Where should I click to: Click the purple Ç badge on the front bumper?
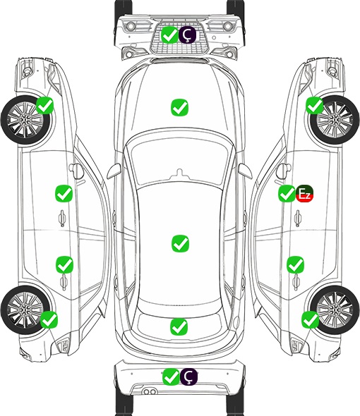click(x=187, y=35)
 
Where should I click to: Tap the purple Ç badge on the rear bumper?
click(x=188, y=377)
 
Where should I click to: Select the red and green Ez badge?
click(x=305, y=193)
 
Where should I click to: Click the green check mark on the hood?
click(x=179, y=107)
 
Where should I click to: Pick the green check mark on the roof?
click(x=180, y=243)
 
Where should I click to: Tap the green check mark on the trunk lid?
click(x=179, y=326)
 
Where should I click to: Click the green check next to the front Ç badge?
click(x=169, y=35)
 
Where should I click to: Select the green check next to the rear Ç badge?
click(x=171, y=377)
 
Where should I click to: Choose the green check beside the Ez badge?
click(x=287, y=193)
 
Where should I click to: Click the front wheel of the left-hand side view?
click(x=25, y=120)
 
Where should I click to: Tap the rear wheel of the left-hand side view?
click(x=25, y=310)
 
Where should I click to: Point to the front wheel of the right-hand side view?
click(x=335, y=120)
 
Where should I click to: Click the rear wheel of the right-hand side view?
click(x=335, y=310)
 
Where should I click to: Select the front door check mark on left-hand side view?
click(x=64, y=193)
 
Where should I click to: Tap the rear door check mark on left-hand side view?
click(x=64, y=264)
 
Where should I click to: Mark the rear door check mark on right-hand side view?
click(x=296, y=264)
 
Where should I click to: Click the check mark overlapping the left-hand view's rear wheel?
click(x=49, y=319)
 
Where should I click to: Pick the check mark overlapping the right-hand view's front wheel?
click(x=315, y=105)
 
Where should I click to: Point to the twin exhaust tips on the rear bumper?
click(x=150, y=391)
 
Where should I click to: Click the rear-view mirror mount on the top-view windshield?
click(x=180, y=173)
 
